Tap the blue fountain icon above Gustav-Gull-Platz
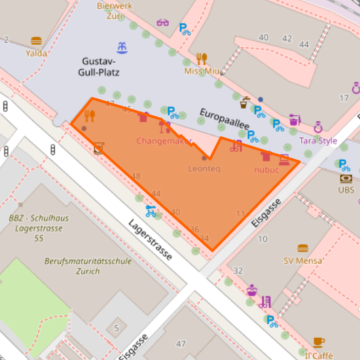click(x=122, y=47)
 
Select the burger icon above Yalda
click(x=36, y=41)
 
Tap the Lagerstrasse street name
click(x=150, y=240)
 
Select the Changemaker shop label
click(x=164, y=141)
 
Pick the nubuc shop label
click(x=266, y=170)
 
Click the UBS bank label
click(x=346, y=190)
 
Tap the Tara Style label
click(x=318, y=140)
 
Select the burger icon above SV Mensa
click(x=302, y=248)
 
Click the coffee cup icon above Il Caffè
click(x=319, y=342)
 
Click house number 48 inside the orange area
click(x=136, y=176)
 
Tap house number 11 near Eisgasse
click(x=240, y=213)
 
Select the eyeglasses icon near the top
click(x=163, y=23)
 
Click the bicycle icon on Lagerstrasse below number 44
click(x=151, y=211)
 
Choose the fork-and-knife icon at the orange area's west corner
click(x=90, y=116)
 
